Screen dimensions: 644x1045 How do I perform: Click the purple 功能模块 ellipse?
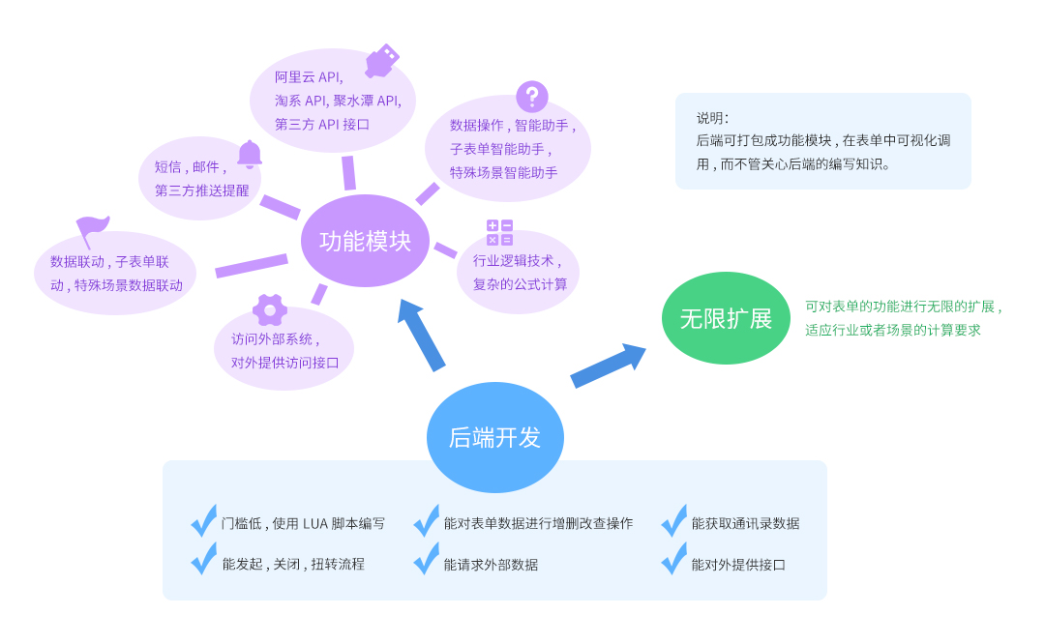tap(365, 241)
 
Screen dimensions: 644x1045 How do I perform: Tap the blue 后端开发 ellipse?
tap(494, 437)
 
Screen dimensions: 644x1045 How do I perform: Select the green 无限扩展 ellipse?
tap(726, 318)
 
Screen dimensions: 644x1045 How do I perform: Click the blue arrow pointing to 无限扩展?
tap(607, 366)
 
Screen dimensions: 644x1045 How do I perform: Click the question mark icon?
tap(531, 97)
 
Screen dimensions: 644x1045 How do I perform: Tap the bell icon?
tap(250, 154)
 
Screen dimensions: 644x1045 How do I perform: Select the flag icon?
tap(92, 231)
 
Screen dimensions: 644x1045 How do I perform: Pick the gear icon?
tap(270, 309)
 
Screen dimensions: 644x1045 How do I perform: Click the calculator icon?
tap(499, 232)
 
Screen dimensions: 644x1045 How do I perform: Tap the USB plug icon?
tap(381, 61)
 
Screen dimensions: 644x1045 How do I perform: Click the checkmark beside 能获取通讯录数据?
tap(673, 521)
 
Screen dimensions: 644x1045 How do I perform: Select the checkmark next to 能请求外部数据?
tap(426, 559)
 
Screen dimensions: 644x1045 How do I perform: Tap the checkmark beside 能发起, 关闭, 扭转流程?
tap(203, 559)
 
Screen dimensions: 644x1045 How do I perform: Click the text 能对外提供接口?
tap(738, 565)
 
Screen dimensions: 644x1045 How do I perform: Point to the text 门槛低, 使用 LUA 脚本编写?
tap(303, 523)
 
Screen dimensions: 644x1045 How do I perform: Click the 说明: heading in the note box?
tap(712, 118)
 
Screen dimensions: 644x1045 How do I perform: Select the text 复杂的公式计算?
tap(521, 284)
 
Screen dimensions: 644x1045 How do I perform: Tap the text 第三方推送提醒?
tap(201, 190)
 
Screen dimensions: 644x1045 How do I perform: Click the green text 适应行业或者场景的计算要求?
tap(893, 330)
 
